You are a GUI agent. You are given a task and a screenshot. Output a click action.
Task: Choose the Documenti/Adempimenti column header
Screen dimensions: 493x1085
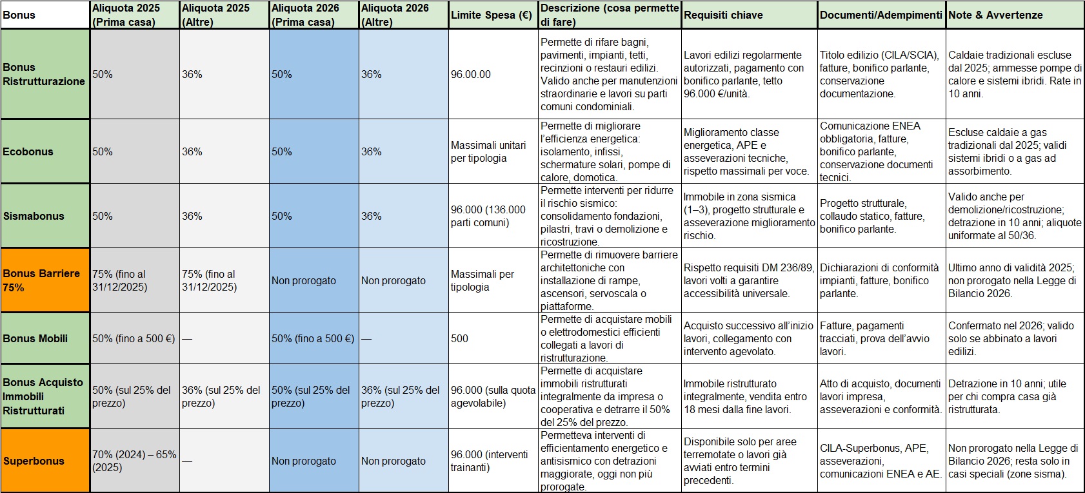tap(881, 15)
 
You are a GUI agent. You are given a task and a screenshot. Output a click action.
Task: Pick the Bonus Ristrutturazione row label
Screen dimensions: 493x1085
tap(45, 74)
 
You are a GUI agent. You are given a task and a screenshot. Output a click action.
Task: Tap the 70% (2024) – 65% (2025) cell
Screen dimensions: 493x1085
tap(134, 461)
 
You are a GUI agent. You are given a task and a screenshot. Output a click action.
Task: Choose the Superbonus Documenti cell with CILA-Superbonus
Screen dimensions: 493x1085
tap(881, 461)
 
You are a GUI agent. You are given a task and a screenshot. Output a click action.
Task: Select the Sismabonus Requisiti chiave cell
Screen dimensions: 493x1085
tap(749, 216)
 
